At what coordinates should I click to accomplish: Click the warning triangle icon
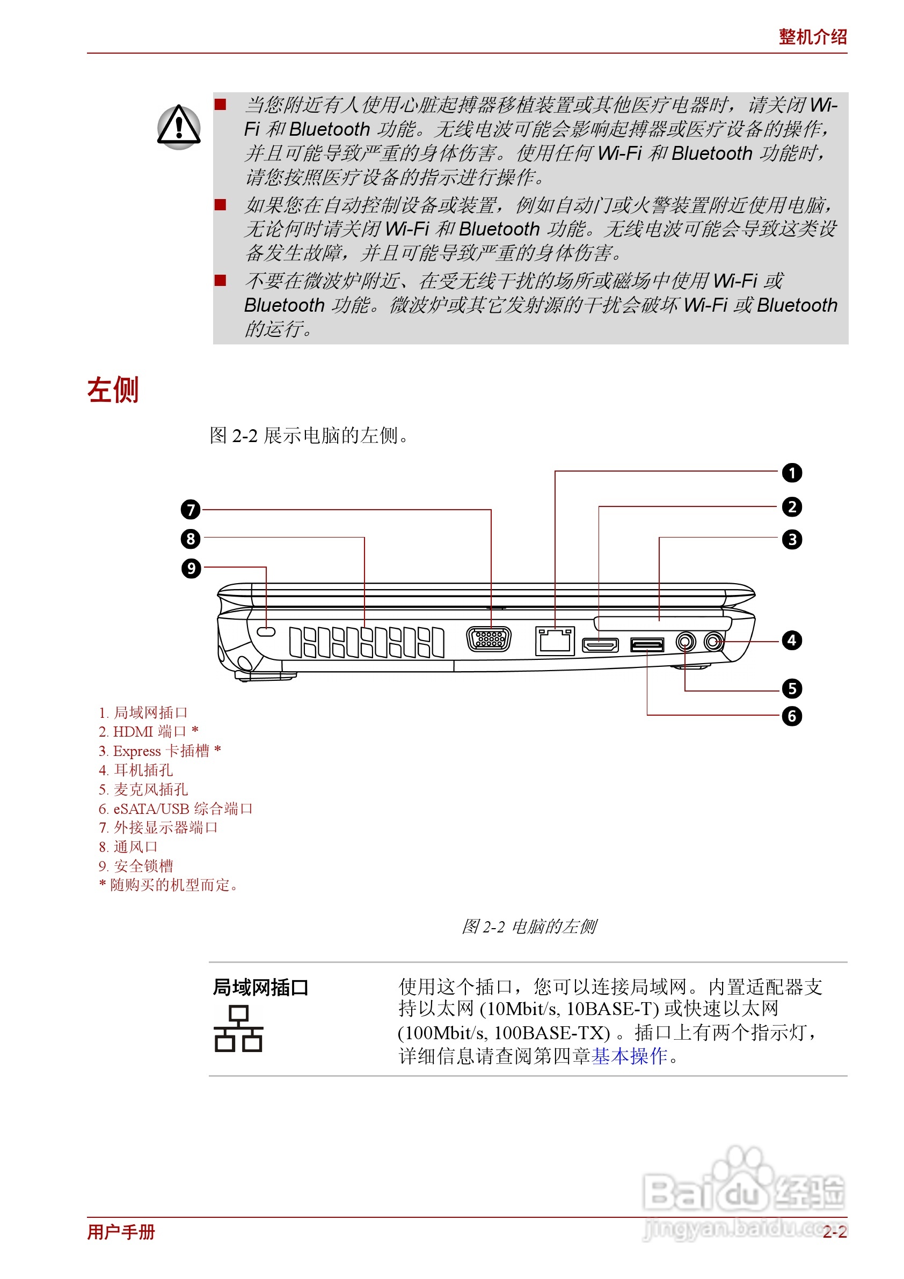coord(178,127)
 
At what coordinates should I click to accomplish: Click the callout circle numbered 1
coord(791,473)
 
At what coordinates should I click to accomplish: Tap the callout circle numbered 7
coord(191,509)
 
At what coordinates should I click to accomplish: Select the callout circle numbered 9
coord(191,568)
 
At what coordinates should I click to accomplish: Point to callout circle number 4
coord(791,640)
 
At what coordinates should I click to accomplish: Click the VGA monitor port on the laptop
coord(489,639)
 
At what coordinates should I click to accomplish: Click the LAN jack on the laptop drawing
coord(555,641)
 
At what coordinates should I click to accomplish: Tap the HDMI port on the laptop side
coord(600,645)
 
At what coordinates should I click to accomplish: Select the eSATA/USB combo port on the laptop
coord(647,645)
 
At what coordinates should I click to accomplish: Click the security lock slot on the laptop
coord(266,631)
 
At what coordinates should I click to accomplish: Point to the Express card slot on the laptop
coord(662,622)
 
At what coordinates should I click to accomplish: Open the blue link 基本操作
coord(629,1056)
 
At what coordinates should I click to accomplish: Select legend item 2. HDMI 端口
coord(148,731)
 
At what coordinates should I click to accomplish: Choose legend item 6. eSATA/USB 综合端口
coord(176,808)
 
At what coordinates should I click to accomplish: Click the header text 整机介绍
coord(812,38)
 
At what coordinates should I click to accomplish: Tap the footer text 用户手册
coord(121,1232)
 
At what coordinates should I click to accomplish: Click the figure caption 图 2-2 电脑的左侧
coord(528,927)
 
